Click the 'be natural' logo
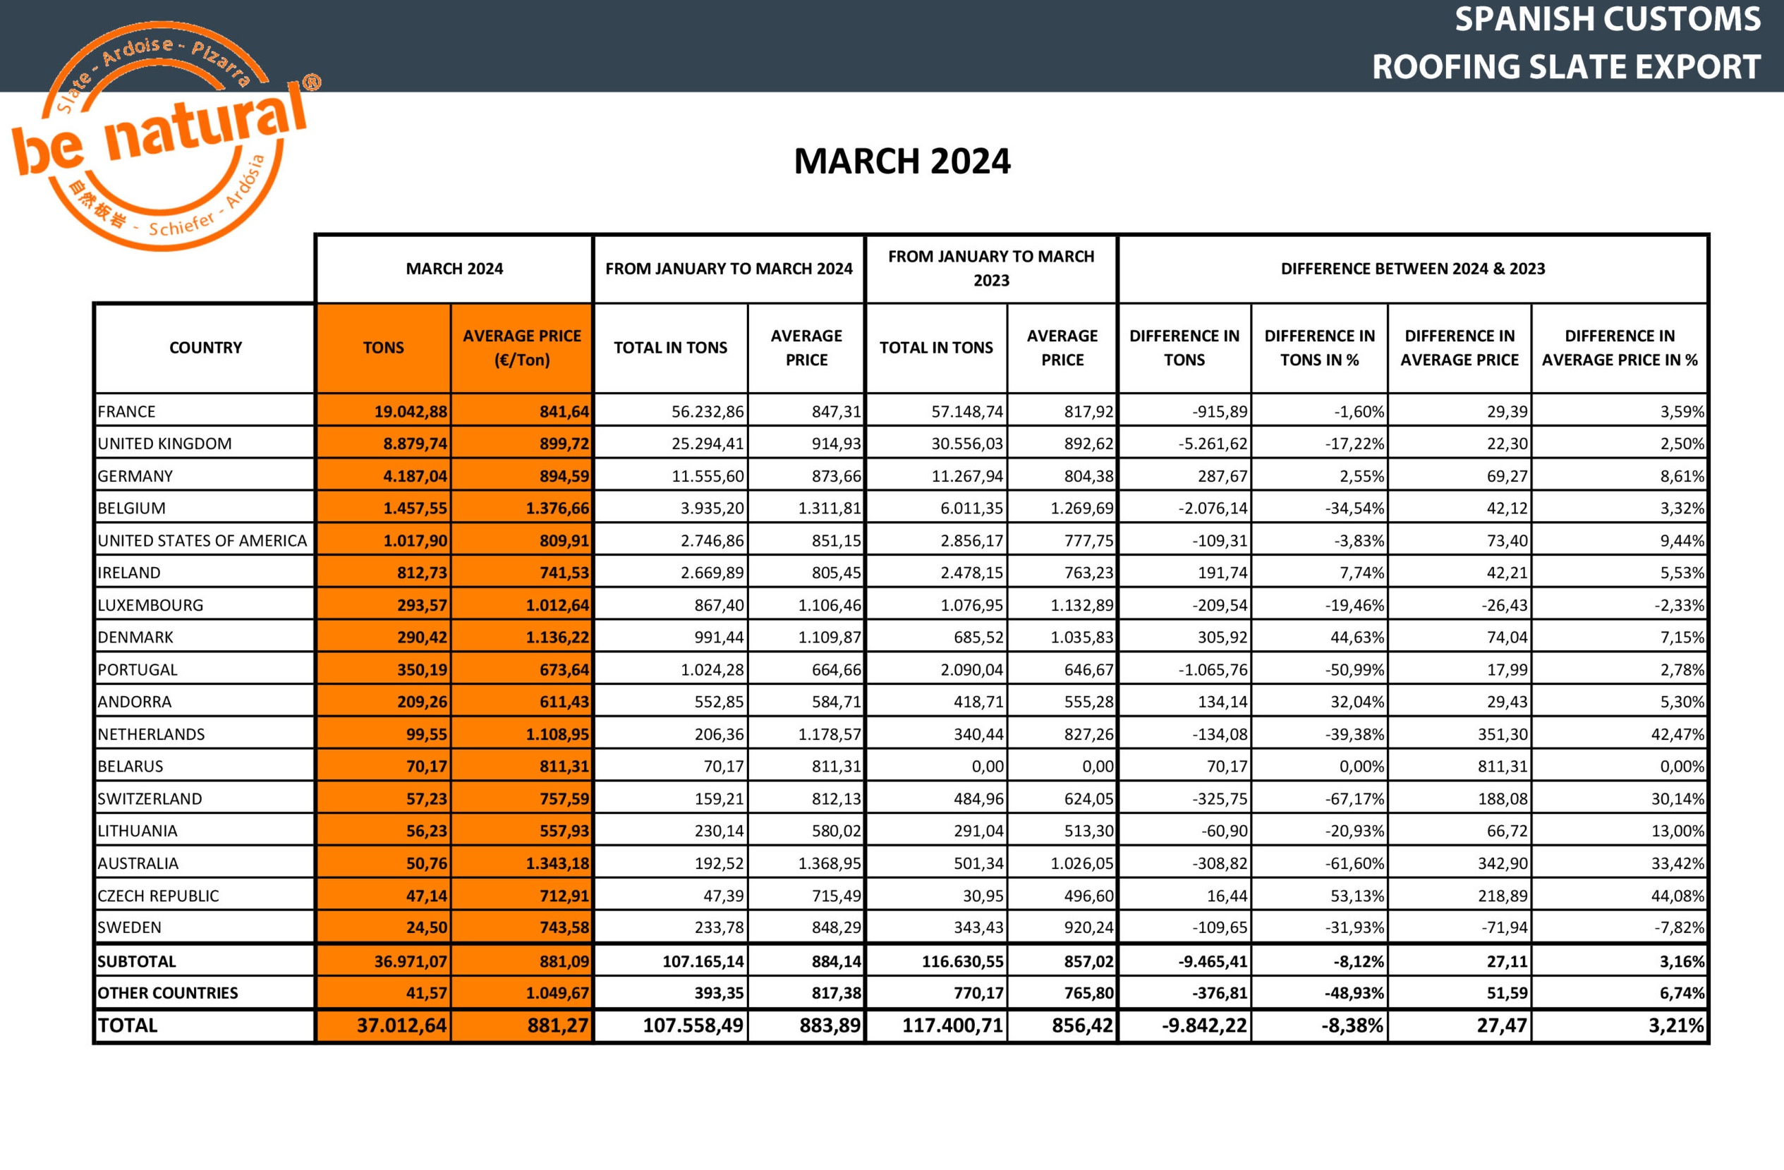(x=161, y=135)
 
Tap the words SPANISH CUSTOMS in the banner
(x=1607, y=20)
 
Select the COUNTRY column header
(x=205, y=348)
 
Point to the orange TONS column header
(x=383, y=348)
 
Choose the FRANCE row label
(x=127, y=411)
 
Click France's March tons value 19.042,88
(x=411, y=411)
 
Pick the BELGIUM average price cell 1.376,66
(x=557, y=508)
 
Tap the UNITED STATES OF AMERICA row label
(x=202, y=540)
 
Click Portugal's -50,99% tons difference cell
(x=1354, y=670)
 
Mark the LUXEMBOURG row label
(x=151, y=605)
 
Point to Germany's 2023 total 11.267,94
(x=966, y=476)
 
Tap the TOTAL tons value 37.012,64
(x=402, y=1025)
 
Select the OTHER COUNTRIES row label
(x=168, y=993)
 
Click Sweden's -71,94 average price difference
(x=1504, y=928)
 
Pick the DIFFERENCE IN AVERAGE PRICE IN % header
(x=1619, y=348)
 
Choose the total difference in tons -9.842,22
(x=1204, y=1025)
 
